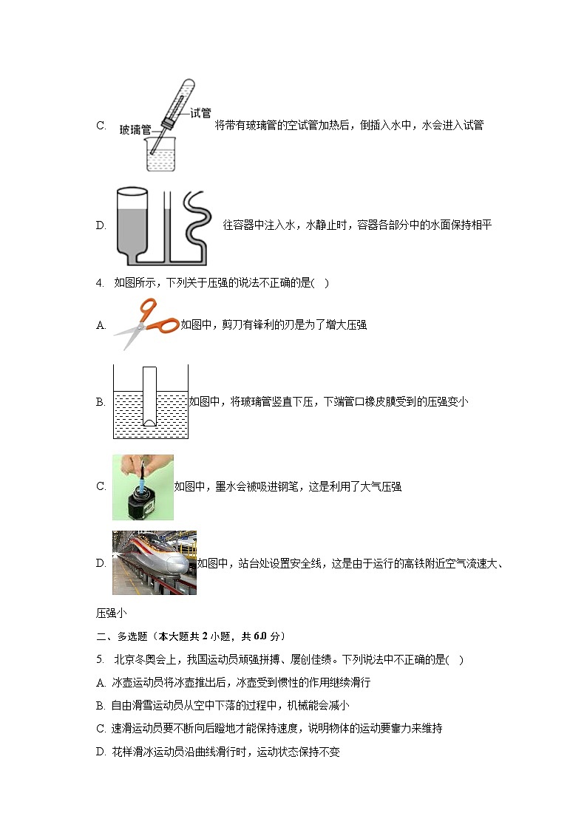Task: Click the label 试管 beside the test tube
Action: tap(200, 113)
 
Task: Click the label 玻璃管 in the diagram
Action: tap(135, 129)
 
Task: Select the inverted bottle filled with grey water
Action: tap(135, 222)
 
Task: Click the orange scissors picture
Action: tap(146, 323)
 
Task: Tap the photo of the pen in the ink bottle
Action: tap(143, 487)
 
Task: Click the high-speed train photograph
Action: tap(155, 562)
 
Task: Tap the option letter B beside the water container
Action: tap(101, 402)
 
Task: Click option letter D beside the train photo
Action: tap(101, 563)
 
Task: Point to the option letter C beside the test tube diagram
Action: tap(101, 126)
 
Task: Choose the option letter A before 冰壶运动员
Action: tap(101, 682)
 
